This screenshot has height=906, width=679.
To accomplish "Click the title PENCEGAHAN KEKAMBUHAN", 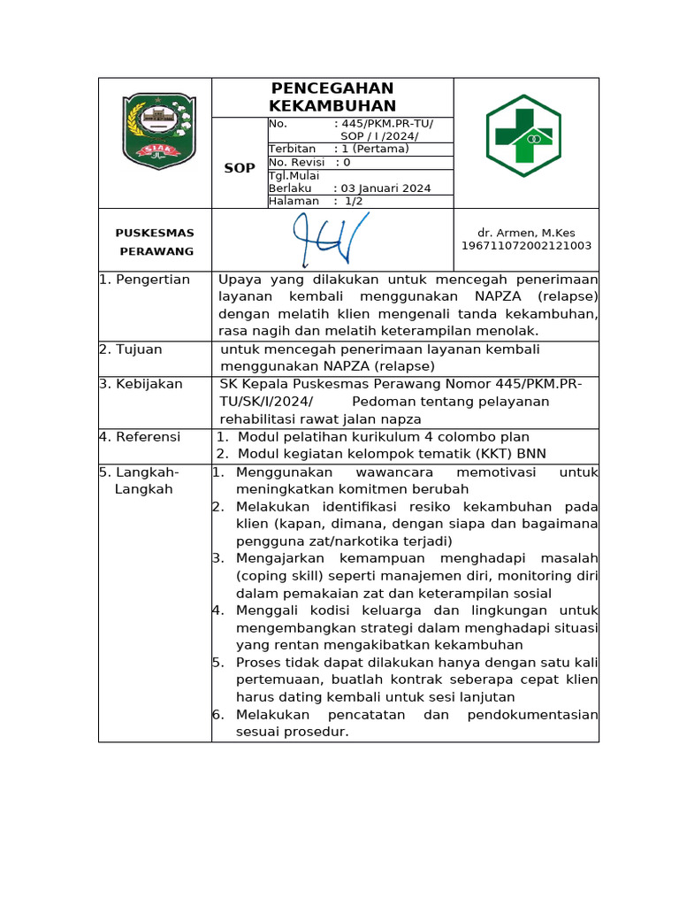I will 332,97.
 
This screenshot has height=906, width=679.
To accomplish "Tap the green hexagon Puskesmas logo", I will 523,135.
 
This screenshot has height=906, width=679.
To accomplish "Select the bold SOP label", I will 240,168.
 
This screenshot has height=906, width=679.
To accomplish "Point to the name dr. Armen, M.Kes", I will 526,233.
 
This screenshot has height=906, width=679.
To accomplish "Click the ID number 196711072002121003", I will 526,246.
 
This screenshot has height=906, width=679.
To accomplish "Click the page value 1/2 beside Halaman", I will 353,202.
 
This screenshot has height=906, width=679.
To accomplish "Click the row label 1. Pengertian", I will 144,280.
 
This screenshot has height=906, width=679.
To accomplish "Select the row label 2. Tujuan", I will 131,349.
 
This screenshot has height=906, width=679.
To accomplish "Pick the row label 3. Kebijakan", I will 141,384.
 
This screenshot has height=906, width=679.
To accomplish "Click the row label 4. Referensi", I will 140,436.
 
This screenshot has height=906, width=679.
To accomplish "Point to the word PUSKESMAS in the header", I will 155,233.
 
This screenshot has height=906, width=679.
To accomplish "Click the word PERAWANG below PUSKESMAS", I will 156,251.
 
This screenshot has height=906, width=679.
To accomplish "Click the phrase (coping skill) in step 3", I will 274,576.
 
